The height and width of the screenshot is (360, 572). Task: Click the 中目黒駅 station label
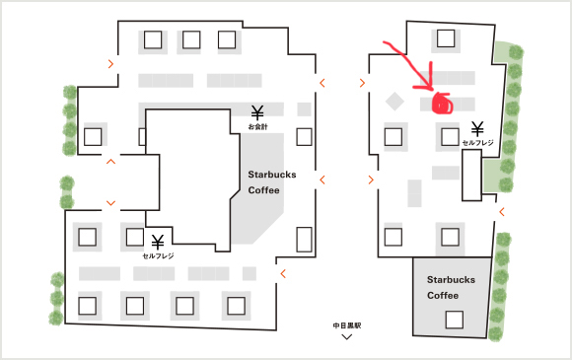(x=346, y=325)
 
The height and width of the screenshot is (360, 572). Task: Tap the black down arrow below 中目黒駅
(x=346, y=337)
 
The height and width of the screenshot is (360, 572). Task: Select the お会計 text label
(x=258, y=127)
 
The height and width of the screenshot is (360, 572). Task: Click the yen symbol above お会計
(x=257, y=113)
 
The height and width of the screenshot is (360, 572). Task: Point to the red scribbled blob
(x=442, y=104)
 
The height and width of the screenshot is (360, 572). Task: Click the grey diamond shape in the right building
(x=394, y=101)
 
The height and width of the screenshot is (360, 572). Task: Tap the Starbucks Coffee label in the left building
(x=272, y=182)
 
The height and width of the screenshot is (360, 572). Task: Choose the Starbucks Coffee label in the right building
(x=451, y=287)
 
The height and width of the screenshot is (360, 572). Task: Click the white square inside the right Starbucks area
(x=455, y=320)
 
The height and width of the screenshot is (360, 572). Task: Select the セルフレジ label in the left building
(x=158, y=256)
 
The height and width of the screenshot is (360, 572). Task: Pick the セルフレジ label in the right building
(x=478, y=143)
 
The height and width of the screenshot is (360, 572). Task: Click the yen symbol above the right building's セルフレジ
(x=477, y=129)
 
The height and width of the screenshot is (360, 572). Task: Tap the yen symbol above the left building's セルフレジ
(x=158, y=242)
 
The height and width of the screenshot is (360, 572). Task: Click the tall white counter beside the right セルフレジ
(x=471, y=176)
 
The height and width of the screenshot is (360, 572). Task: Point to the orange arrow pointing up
(x=110, y=161)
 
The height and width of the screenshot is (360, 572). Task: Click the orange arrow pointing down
(x=110, y=203)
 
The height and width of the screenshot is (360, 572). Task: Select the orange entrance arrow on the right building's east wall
(x=502, y=211)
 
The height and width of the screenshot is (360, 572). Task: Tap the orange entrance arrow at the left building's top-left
(x=110, y=64)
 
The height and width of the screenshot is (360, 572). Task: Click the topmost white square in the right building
(x=446, y=38)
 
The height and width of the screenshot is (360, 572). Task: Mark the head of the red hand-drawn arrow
(x=432, y=90)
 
